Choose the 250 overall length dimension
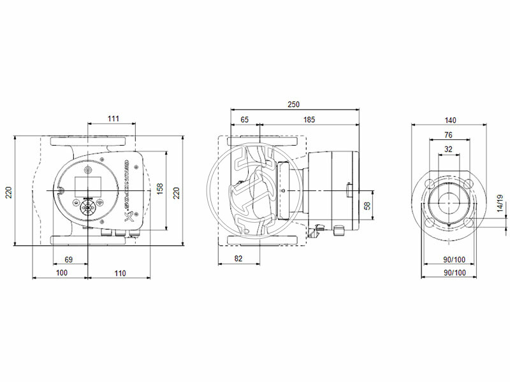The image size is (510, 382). (x=293, y=104)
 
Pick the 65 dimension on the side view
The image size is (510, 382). (x=244, y=119)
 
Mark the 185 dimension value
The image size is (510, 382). (x=309, y=119)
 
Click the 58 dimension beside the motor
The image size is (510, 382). (x=366, y=206)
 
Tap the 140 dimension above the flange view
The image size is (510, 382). (x=451, y=119)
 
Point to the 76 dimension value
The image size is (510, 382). (x=448, y=134)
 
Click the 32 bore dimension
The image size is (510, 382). (x=448, y=149)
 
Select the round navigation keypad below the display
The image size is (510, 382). (x=87, y=208)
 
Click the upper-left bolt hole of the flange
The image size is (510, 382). (x=431, y=183)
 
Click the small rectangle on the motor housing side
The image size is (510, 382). (x=349, y=190)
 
